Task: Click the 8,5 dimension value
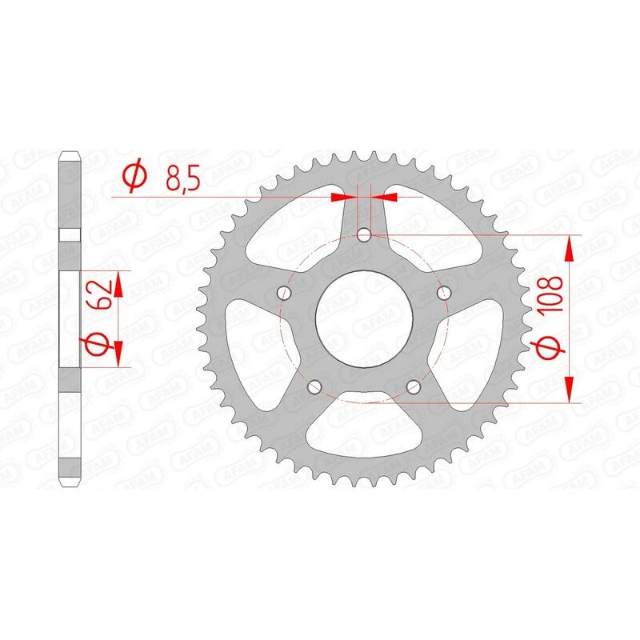[183, 176]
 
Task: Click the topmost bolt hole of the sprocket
[364, 235]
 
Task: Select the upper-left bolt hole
[283, 294]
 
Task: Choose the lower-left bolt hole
[314, 388]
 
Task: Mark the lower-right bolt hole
[414, 388]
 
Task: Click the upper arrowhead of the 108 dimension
[570, 248]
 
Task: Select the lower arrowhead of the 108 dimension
[570, 390]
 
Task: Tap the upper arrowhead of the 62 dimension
[118, 284]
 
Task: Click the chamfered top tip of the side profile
[70, 153]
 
